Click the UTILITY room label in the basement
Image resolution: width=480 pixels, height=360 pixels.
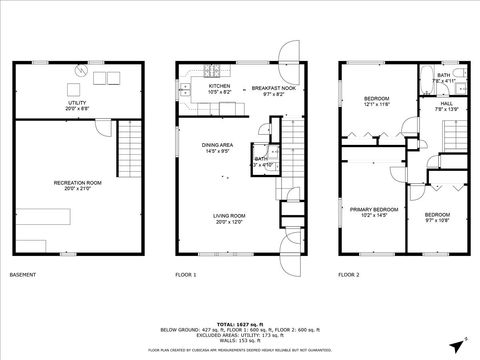coord(78,102)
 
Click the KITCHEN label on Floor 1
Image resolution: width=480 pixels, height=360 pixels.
coord(219,86)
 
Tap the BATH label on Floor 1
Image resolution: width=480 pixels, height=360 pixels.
coord(260,158)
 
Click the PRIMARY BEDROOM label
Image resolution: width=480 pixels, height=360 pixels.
coord(374,209)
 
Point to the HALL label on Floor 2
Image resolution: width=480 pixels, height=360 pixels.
coord(448,102)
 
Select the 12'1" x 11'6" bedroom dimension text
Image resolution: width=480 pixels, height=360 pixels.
coord(376,104)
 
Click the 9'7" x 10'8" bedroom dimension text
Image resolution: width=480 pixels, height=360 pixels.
coord(437,221)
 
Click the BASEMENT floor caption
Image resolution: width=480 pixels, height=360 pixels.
coord(22,274)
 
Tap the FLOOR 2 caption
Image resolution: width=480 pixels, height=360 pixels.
coord(350,274)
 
